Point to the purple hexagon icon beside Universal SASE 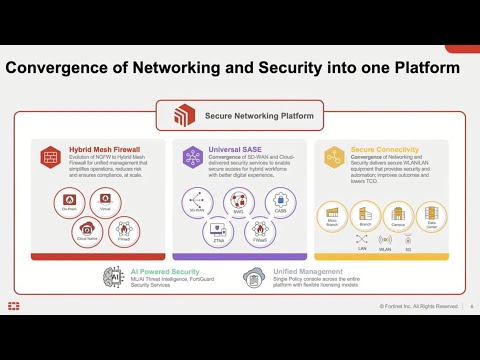[191, 156]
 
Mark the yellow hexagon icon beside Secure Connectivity [334, 156]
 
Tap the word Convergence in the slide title [61, 68]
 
